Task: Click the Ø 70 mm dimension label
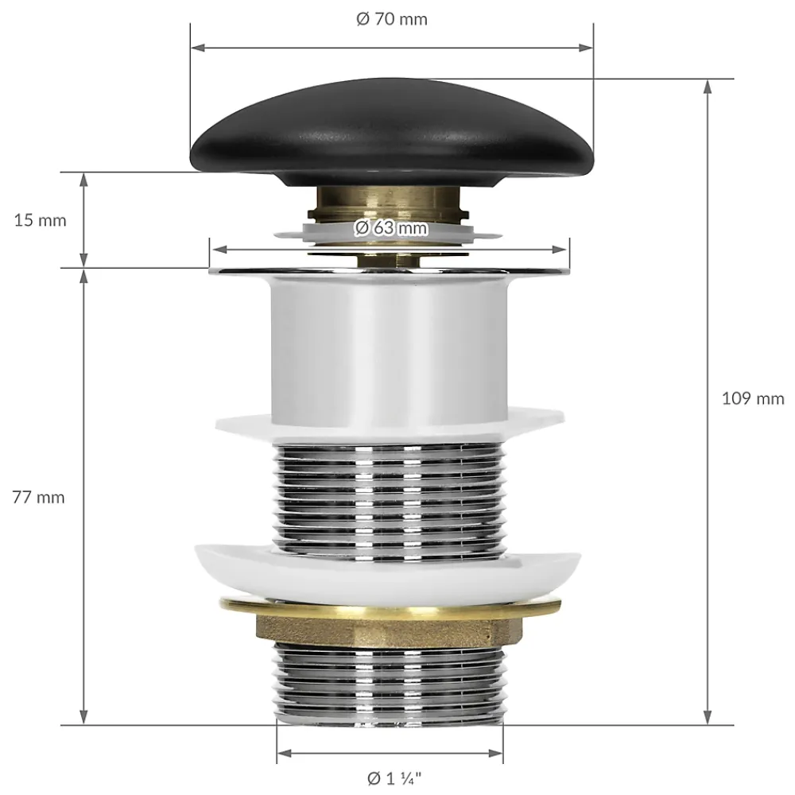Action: [x=391, y=19]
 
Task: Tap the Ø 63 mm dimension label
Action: [x=391, y=227]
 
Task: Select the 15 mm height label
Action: [x=40, y=220]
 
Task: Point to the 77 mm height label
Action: [x=38, y=498]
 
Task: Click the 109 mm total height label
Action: [x=753, y=398]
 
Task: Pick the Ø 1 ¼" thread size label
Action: [x=394, y=778]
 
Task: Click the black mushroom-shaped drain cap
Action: [x=392, y=132]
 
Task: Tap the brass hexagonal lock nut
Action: [x=390, y=629]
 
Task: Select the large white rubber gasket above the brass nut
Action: [x=388, y=573]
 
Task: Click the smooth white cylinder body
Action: [x=390, y=350]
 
